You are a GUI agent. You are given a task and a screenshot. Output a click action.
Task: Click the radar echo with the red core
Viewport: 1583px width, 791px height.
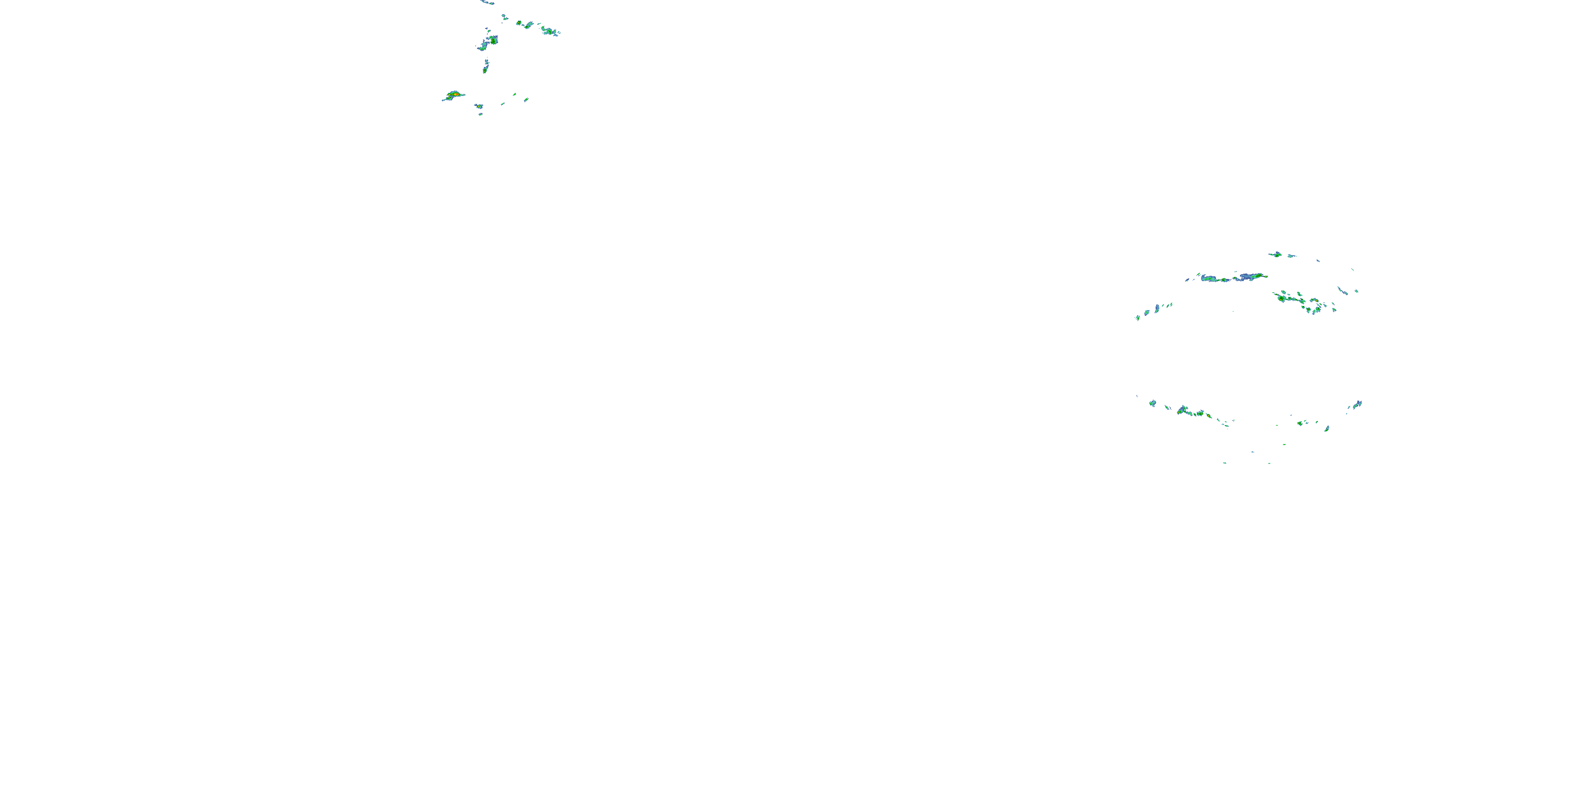click(x=454, y=94)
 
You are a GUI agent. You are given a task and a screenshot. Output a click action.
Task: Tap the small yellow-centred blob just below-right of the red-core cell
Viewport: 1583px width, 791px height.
click(x=478, y=106)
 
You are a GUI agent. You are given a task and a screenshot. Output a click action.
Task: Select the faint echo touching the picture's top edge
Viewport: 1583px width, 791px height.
click(x=488, y=2)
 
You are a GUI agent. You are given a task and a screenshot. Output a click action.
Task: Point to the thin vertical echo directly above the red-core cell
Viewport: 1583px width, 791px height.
click(x=485, y=66)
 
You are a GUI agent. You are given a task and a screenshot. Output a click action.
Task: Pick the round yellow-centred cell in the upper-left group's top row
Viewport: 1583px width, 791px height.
click(x=527, y=25)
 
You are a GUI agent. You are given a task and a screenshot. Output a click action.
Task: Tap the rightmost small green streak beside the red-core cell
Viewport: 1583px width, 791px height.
click(x=526, y=100)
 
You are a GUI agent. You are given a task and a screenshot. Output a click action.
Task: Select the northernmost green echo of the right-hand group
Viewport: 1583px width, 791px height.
click(x=1276, y=254)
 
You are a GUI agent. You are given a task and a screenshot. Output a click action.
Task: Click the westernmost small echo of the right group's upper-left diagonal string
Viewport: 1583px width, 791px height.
click(x=1138, y=317)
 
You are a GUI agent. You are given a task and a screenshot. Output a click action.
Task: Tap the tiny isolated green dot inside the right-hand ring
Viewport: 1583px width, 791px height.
click(x=1233, y=311)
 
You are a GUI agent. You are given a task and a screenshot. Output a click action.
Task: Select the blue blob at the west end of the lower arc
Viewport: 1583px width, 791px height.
click(x=1152, y=403)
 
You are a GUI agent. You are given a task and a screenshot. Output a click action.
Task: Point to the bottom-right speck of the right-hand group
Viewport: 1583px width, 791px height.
click(x=1270, y=463)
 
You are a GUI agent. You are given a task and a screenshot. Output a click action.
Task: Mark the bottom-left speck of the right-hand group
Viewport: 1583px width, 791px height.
click(x=1225, y=463)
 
